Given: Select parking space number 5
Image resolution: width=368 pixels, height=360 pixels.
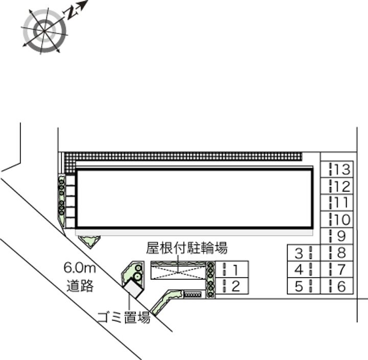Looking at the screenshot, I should [x=303, y=286].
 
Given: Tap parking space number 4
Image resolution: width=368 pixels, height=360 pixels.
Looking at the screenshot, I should [x=303, y=269].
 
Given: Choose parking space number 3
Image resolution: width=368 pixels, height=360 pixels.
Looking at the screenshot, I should [x=303, y=252].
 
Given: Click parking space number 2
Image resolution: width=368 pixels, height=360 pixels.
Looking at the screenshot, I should [x=232, y=286].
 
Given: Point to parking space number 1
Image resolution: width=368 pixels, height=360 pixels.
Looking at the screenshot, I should [x=232, y=269].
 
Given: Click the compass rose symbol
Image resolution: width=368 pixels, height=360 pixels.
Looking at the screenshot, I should [x=44, y=30].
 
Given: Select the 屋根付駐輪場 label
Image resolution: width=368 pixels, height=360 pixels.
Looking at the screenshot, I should [x=187, y=249].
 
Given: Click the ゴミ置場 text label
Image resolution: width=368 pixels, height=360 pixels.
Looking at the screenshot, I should [x=124, y=317].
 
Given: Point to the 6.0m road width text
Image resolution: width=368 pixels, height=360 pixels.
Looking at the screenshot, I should [x=80, y=267].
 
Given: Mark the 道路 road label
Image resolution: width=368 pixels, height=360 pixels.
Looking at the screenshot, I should [x=80, y=285].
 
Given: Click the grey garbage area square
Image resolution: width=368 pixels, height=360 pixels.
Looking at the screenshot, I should [x=135, y=288].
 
